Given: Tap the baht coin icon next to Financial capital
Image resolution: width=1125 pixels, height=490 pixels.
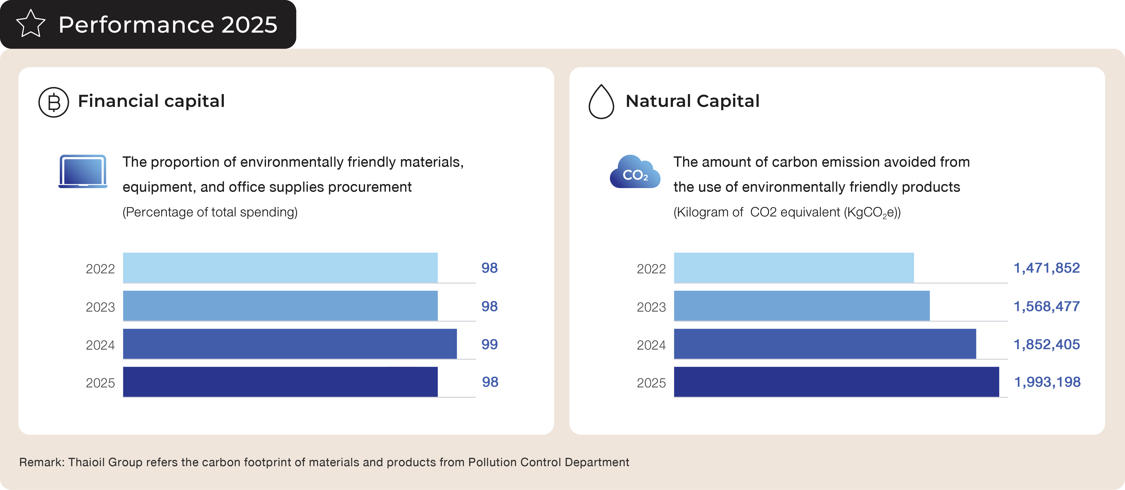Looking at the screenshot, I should tap(54, 102).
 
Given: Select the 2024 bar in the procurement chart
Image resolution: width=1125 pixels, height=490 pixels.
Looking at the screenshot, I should tap(290, 344).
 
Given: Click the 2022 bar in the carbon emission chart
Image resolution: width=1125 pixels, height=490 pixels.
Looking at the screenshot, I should tap(794, 268).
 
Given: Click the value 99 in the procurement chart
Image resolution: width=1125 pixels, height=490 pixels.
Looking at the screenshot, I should tap(490, 344).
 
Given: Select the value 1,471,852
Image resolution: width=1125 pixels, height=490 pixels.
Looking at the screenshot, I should tap(1046, 268).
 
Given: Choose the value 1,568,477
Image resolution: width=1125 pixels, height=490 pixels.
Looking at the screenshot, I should tap(1046, 306).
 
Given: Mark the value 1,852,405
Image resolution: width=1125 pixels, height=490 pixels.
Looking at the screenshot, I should tap(1046, 344).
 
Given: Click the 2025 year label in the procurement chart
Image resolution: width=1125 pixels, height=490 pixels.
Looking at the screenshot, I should tap(100, 383).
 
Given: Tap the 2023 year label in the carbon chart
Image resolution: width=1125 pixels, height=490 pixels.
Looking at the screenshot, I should tap(651, 307).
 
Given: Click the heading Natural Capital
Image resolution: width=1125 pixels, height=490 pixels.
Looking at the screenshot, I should tap(692, 101).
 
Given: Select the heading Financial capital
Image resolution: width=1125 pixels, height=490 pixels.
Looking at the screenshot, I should tap(151, 101).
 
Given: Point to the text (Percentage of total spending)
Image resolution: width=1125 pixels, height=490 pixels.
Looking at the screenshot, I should tap(210, 212).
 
